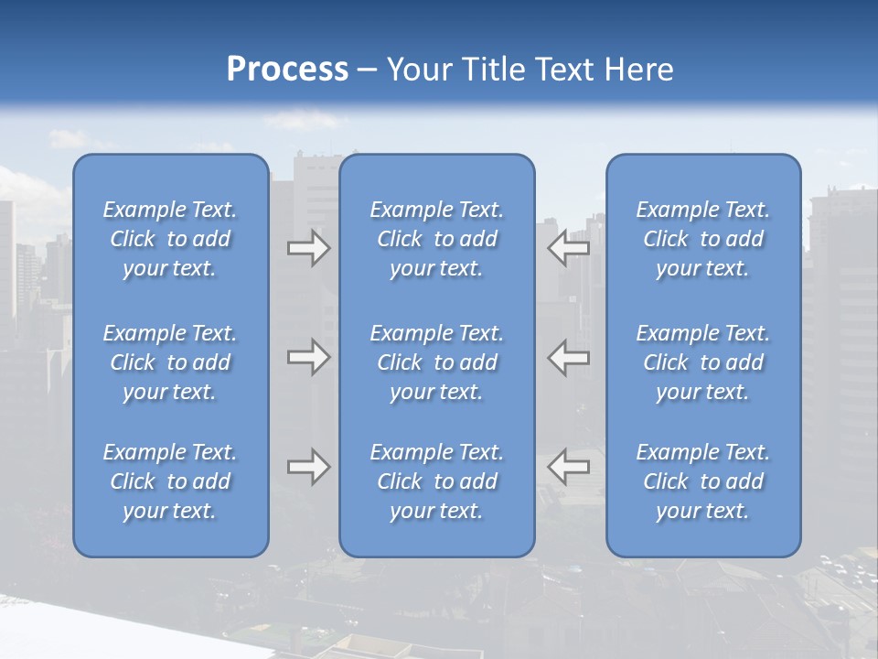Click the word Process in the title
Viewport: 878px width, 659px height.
(287, 70)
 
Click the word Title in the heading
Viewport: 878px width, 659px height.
(492, 70)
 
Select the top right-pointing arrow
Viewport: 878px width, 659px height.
(309, 248)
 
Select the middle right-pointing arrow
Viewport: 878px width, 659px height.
(309, 357)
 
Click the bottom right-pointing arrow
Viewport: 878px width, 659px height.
(309, 467)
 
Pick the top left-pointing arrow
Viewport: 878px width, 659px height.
(568, 248)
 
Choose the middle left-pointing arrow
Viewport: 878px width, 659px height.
(568, 357)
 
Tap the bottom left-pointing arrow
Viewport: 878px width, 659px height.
(568, 467)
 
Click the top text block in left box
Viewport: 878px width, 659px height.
(170, 239)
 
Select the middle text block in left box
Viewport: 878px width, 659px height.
(170, 362)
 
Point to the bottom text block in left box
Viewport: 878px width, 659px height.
(170, 481)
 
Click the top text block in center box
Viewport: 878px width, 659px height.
(437, 239)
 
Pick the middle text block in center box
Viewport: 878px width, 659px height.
(437, 362)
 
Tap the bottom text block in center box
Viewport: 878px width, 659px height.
(437, 481)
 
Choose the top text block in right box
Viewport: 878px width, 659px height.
(703, 239)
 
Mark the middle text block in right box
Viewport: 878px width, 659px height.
(703, 362)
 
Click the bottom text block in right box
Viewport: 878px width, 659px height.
(703, 481)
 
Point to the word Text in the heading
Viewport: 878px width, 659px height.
(564, 70)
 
